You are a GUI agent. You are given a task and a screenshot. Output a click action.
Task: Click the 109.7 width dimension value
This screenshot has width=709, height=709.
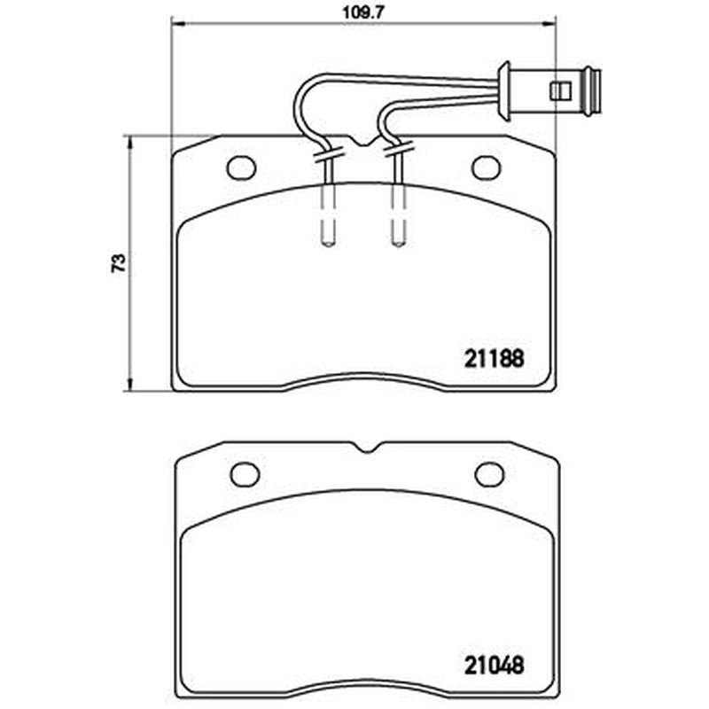point(362,12)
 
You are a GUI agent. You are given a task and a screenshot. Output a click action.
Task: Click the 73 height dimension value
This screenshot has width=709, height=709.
point(118,262)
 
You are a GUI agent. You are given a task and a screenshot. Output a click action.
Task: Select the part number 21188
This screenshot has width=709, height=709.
point(495,359)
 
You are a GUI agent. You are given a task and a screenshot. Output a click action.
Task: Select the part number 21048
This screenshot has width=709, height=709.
point(495,666)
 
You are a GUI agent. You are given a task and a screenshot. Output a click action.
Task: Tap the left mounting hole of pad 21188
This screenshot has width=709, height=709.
point(241,168)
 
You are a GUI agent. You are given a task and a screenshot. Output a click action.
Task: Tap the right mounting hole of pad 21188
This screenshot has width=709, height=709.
point(486,168)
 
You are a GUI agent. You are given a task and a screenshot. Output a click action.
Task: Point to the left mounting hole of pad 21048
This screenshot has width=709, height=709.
point(245,475)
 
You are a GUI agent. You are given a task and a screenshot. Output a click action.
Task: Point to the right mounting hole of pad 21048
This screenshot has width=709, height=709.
point(489,475)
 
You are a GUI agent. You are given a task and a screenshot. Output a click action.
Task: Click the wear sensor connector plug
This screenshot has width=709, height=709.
point(549,92)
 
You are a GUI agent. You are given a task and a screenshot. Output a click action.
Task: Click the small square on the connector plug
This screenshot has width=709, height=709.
point(561,92)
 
